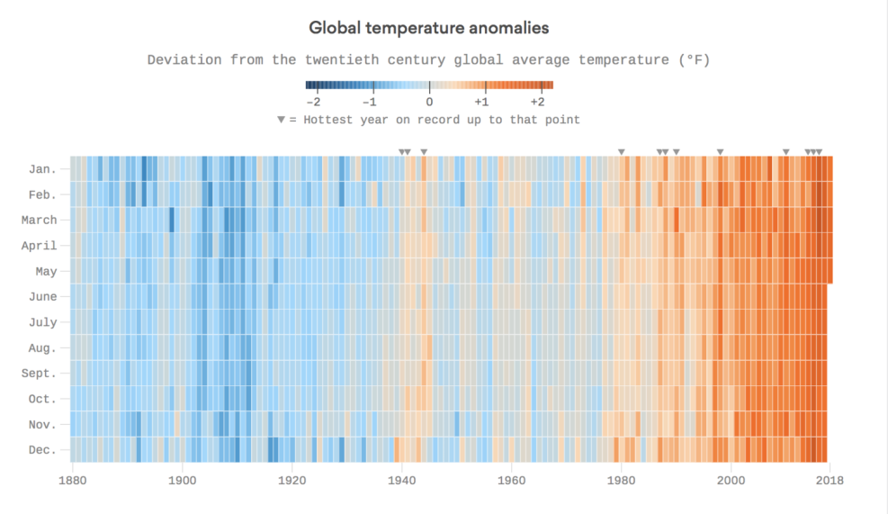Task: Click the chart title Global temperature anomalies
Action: (428, 28)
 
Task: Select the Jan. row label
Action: (42, 169)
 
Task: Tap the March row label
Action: (39, 221)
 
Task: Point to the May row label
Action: (46, 271)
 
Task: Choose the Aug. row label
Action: (42, 348)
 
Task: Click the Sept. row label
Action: (39, 374)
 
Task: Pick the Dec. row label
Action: (42, 450)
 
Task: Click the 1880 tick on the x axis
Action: (72, 482)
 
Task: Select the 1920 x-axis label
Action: (292, 482)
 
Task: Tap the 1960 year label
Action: (511, 482)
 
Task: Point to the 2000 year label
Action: (731, 482)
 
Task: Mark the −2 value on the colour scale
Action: (314, 102)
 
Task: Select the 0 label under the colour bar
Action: (429, 102)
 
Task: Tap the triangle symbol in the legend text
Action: (282, 120)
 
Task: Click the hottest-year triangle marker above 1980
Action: (621, 151)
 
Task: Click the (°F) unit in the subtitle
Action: (693, 60)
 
